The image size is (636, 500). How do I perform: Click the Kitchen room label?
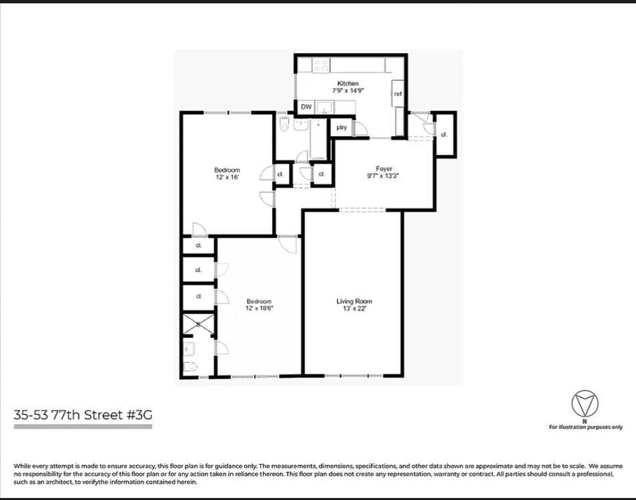[348, 83]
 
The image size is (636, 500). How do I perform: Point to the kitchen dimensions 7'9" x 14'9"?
[348, 90]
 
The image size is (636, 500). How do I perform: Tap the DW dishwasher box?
[306, 107]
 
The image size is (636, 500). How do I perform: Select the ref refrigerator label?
[398, 94]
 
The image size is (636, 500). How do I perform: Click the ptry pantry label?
[341, 128]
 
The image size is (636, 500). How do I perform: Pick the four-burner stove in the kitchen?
[321, 65]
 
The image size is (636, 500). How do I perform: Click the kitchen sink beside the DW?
[326, 107]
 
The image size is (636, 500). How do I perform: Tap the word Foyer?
[383, 169]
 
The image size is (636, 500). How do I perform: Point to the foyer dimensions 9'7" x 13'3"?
[383, 176]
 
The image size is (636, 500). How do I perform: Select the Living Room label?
[354, 301]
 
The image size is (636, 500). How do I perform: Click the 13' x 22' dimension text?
[354, 308]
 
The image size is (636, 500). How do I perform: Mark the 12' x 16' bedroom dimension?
[227, 178]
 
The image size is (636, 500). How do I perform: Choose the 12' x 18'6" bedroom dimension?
[260, 308]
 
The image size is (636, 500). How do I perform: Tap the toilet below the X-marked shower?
[189, 366]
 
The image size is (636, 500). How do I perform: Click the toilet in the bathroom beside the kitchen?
[284, 123]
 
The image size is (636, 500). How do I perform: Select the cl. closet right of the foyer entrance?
[444, 134]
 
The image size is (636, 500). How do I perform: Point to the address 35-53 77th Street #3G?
[83, 415]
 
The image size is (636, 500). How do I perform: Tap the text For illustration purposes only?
[585, 427]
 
